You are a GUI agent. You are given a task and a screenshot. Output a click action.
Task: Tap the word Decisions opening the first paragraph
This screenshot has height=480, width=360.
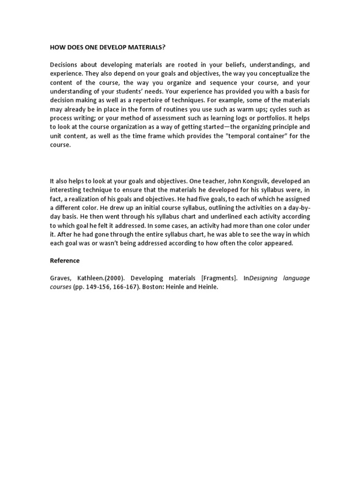(65, 65)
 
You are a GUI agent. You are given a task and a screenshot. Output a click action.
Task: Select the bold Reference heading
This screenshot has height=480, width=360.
(65, 261)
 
